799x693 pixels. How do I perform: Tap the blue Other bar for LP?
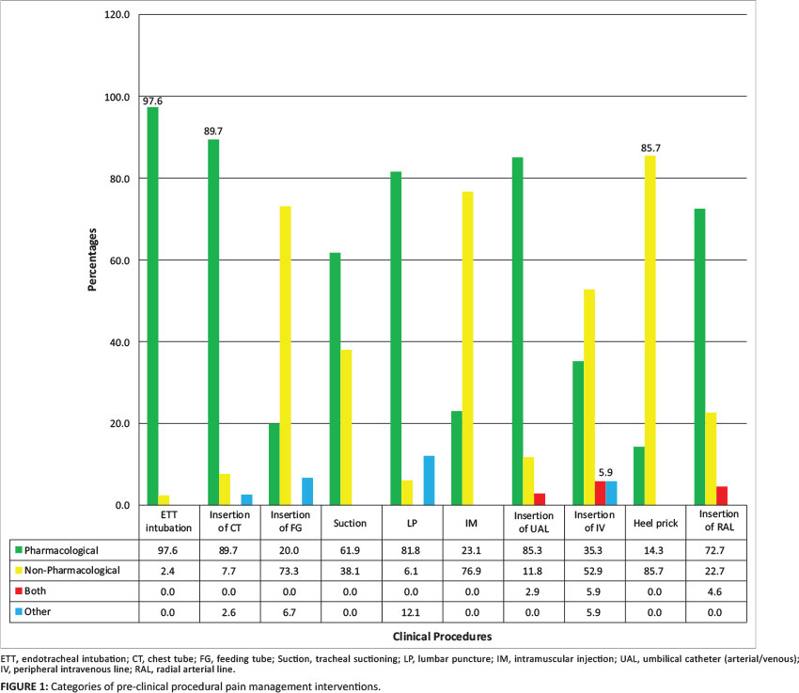[x=429, y=480]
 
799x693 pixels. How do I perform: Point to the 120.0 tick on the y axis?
[x=117, y=16]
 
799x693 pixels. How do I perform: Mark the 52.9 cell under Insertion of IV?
[x=594, y=571]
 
